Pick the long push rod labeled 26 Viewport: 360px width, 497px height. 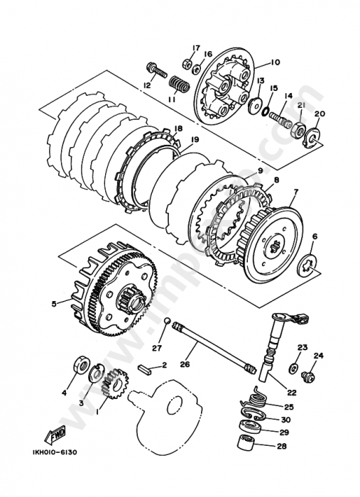pos(213,346)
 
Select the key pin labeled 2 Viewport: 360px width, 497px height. pos(148,368)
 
